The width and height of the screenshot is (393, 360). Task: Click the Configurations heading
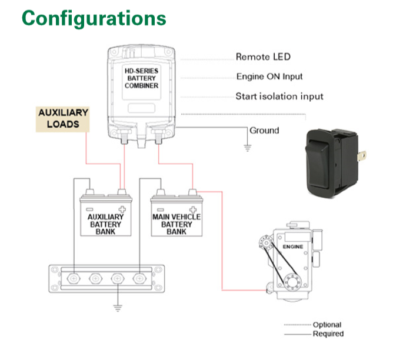94,19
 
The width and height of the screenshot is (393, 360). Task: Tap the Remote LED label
263,57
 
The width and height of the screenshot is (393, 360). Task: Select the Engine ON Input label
269,76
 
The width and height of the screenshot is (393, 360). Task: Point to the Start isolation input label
279,96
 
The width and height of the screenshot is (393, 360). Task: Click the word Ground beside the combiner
264,131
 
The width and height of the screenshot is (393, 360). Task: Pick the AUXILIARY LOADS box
63,119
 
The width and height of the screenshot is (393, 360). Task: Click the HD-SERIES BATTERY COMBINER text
141,78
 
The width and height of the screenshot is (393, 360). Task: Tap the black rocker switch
334,163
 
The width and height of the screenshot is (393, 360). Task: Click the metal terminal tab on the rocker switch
362,156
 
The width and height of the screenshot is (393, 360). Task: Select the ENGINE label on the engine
293,246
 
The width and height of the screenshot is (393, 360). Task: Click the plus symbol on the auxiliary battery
122,209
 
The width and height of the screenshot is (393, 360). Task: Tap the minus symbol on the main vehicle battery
161,209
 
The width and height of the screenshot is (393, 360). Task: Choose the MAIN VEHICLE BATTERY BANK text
176,224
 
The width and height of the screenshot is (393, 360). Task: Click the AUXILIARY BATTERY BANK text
105,224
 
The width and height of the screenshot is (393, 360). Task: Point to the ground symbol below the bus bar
118,308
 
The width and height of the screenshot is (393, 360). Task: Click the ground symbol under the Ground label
247,148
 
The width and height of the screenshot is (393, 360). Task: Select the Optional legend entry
313,325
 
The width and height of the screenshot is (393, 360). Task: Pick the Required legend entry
314,334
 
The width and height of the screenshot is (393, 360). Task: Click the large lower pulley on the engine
292,282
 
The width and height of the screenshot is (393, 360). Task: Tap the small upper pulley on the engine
266,242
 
